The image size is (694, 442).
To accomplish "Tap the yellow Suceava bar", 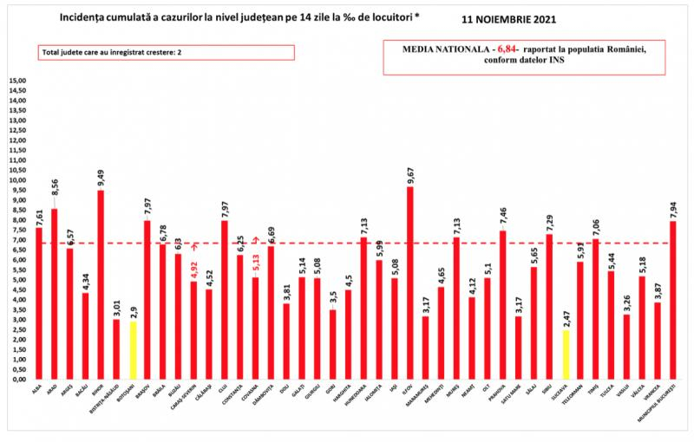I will tap(566, 354).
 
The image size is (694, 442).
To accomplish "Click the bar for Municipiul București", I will tap(674, 300).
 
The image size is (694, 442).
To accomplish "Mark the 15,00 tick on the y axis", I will tap(18, 81).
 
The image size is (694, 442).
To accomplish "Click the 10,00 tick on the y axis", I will tap(18, 180).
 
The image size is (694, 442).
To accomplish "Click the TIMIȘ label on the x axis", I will tap(597, 393).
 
